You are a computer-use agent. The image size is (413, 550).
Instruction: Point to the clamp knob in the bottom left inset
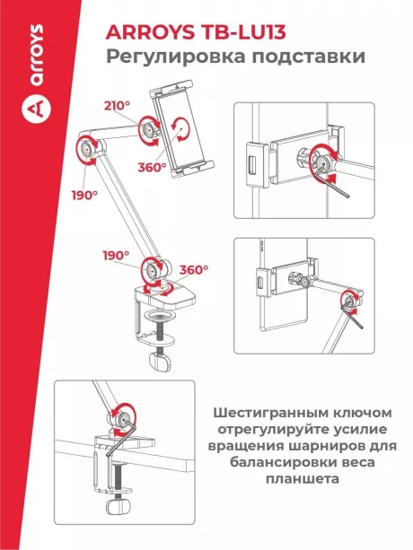tap(119, 522)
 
